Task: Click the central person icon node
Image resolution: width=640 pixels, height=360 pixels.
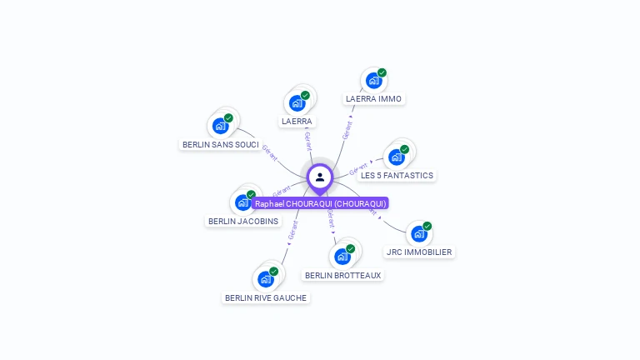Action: [320, 177]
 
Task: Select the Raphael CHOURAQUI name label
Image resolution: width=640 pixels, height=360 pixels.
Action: [320, 203]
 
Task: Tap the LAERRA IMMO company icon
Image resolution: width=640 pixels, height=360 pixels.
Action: [372, 81]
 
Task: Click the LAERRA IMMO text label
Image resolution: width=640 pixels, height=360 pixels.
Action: [373, 98]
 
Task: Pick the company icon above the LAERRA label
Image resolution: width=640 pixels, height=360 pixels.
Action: [296, 103]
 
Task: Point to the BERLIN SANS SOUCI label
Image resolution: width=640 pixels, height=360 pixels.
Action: [220, 144]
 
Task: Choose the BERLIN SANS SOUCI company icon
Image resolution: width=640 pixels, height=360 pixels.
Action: [220, 126]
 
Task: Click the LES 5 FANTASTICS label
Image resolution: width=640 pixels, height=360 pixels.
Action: [397, 175]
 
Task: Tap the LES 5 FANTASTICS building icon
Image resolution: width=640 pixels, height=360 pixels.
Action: [396, 157]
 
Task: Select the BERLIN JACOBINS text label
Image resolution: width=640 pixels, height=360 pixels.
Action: [243, 221]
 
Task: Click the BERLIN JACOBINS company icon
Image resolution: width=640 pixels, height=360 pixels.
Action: [242, 202]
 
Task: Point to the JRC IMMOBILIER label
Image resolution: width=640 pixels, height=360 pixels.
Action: [419, 252]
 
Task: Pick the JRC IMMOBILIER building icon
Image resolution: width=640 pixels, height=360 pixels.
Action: [418, 233]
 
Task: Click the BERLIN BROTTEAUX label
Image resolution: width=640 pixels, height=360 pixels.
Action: [342, 275]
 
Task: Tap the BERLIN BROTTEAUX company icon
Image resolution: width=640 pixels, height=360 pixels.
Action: [342, 257]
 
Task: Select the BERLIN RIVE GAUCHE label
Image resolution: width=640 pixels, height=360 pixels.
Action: [266, 297]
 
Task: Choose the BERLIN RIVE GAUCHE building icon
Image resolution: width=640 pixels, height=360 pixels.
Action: [265, 279]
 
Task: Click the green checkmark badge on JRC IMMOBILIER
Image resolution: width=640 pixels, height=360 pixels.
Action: [427, 226]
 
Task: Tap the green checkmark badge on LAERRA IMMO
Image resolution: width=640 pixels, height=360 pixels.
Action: [382, 73]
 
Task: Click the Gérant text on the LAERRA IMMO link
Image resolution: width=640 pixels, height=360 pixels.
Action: [347, 129]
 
